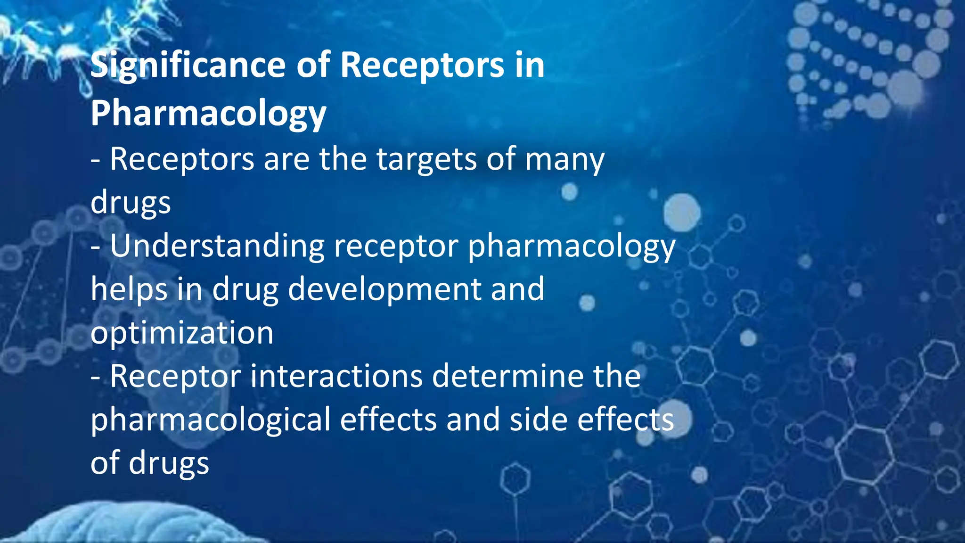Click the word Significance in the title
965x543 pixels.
[x=188, y=66]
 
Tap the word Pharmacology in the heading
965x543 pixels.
[x=208, y=114]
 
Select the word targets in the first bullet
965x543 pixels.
[x=426, y=160]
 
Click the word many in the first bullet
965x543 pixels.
[x=564, y=160]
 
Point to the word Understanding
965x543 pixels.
[x=217, y=247]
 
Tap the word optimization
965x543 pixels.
[x=182, y=333]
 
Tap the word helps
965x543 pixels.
[x=129, y=289]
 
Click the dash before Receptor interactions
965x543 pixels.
[x=96, y=378]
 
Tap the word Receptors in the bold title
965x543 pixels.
[x=422, y=66]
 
